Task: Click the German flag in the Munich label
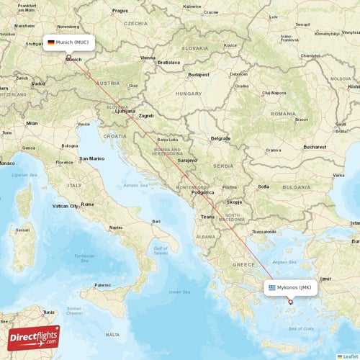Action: coord(51,43)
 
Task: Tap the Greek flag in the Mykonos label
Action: coord(271,287)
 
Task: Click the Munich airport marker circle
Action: coord(68,58)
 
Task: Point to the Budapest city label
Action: coord(198,74)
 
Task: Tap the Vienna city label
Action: coord(148,58)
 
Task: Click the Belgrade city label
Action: coord(220,138)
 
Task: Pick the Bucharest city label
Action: coord(315,146)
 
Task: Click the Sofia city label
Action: coord(264,186)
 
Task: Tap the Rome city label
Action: coord(87,204)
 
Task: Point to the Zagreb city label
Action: coord(146,115)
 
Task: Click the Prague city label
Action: coord(120,11)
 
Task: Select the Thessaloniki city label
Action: coord(264,231)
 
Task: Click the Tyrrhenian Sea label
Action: coord(84,258)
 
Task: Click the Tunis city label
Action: coord(49,312)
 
